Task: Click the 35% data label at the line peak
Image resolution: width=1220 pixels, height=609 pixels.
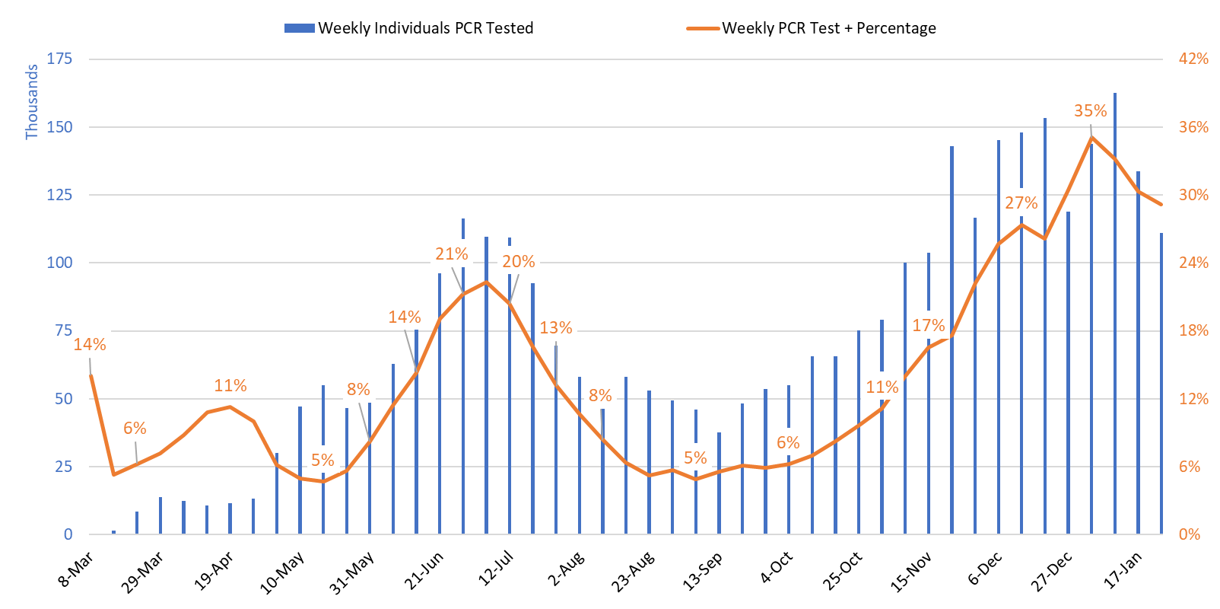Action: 1090,111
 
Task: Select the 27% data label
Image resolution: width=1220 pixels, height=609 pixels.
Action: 1021,203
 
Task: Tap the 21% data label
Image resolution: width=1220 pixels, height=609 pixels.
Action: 451,254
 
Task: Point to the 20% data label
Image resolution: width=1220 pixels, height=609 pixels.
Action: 519,262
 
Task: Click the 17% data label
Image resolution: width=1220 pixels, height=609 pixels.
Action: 928,326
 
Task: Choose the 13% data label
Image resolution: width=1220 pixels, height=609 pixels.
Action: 555,328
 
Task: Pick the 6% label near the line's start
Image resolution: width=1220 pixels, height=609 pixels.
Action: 135,429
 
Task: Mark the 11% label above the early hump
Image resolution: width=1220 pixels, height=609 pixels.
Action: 230,386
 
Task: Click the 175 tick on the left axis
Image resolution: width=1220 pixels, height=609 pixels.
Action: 59,59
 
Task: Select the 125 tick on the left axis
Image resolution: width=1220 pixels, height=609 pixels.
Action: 59,195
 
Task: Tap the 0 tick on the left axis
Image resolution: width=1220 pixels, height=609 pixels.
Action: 68,534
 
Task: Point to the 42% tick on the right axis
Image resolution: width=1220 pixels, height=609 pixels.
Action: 1193,59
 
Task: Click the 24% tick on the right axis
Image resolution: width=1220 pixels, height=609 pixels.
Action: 1193,263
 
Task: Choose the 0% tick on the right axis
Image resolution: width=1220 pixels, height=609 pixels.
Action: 1189,534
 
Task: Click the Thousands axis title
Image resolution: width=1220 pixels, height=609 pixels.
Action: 31,102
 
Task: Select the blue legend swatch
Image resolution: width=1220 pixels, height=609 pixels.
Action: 299,28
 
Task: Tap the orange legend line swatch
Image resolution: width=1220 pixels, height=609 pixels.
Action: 703,28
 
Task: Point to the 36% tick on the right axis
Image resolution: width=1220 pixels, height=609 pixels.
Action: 1193,127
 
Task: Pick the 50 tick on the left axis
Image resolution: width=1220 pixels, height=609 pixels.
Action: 63,399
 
